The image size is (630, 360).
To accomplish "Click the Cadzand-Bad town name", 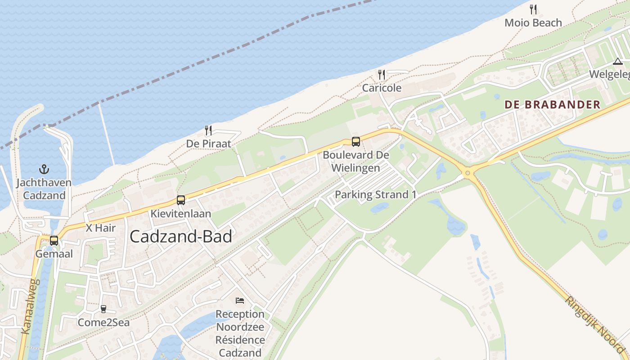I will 181,237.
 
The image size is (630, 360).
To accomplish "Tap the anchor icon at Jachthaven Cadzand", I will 44,170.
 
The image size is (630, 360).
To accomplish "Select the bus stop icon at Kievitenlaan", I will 181,200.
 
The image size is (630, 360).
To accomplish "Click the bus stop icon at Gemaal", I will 54,241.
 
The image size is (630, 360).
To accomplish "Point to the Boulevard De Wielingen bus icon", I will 355,142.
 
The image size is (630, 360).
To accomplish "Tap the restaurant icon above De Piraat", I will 208,130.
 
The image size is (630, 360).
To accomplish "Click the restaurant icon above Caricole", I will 382,74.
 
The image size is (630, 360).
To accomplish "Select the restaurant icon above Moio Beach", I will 533,9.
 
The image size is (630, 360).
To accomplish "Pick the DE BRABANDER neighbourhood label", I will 552,105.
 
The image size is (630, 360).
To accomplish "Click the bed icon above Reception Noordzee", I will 240,300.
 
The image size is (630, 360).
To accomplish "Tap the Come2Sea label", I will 103,322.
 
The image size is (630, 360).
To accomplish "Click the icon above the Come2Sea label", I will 103,309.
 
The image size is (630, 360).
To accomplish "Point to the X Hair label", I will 100,228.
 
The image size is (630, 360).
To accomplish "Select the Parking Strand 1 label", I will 376,195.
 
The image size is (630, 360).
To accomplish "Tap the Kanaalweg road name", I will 31,306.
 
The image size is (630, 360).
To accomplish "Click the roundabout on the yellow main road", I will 468,172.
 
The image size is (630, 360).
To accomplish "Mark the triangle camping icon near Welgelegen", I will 617,62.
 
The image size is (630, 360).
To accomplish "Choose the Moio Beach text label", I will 533,22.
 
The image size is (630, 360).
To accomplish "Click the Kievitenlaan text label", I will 181,213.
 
